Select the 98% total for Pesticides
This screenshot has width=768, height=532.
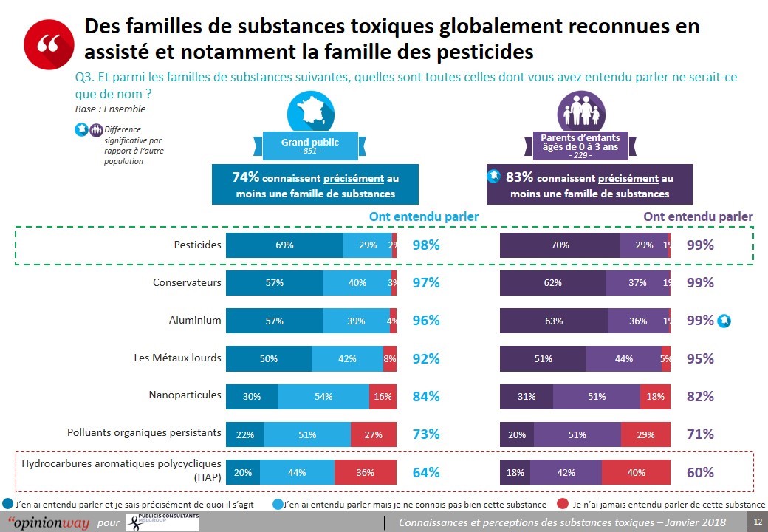coord(426,245)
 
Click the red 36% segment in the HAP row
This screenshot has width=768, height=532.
coord(366,472)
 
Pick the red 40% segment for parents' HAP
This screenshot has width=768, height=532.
coord(636,472)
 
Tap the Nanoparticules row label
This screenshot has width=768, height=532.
coord(185,395)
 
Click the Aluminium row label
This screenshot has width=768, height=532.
coord(196,320)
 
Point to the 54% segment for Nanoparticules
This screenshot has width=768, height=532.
coord(323,397)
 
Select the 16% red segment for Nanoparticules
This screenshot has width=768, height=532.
coord(383,397)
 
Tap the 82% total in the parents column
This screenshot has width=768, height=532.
coord(700,397)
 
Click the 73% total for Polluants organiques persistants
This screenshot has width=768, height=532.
coord(426,434)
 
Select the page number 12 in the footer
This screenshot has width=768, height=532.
coord(757,522)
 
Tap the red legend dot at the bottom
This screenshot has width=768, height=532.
coord(563,504)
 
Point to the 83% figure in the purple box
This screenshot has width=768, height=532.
coord(519,177)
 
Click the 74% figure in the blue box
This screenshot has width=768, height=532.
coord(245,177)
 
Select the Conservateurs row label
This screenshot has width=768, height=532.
coord(187,282)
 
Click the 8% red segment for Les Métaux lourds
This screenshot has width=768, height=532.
coord(390,358)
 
